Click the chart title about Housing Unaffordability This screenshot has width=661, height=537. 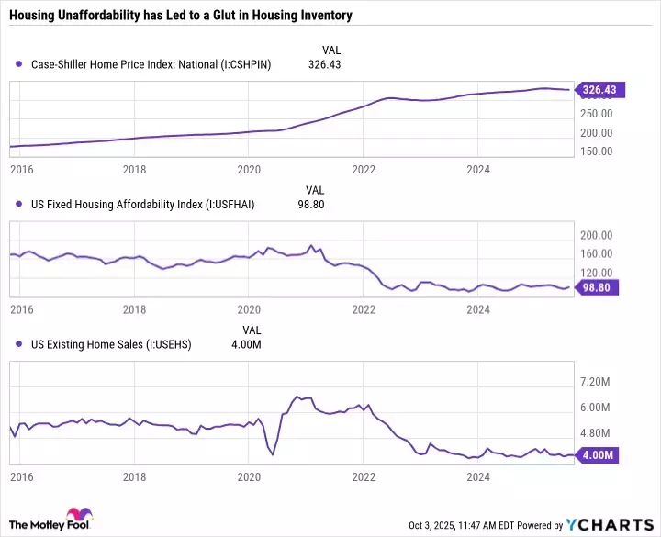click(x=181, y=16)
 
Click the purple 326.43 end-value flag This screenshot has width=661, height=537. click(x=598, y=90)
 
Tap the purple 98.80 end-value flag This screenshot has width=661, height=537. click(x=598, y=287)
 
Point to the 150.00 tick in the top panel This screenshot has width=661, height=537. click(x=596, y=151)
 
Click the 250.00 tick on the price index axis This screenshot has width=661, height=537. click(x=596, y=114)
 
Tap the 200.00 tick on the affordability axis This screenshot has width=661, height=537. click(x=596, y=235)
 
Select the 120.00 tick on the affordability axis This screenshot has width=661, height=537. click(x=596, y=273)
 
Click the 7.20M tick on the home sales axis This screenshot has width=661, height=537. click(x=595, y=381)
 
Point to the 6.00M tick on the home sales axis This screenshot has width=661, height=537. click(x=595, y=407)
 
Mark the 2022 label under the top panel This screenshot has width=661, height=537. click(x=364, y=170)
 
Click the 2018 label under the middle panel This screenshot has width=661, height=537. click(x=134, y=309)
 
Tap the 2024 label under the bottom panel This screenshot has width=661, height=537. click(x=477, y=477)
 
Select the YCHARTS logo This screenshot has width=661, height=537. click(x=610, y=525)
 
